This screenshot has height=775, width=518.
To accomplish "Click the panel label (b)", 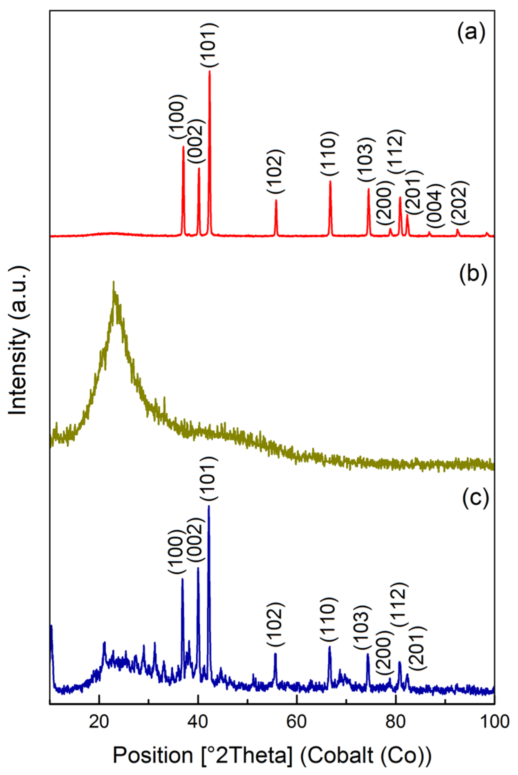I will [x=473, y=274].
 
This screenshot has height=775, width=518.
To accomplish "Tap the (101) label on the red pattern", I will [x=209, y=45].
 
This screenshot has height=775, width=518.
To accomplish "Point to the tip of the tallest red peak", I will [x=210, y=72].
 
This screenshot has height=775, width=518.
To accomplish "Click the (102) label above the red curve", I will [x=275, y=172].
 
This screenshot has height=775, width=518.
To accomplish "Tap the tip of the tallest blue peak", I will [x=209, y=506].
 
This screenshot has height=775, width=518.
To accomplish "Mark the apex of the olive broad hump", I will [x=114, y=283].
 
